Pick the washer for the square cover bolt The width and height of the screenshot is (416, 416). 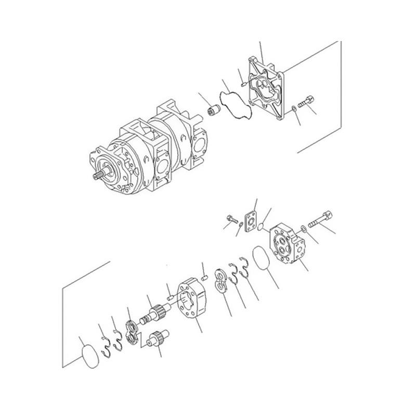pos(294,109)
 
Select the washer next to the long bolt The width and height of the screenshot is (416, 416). pos(303,227)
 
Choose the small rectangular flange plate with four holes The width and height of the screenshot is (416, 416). pos(252,219)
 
